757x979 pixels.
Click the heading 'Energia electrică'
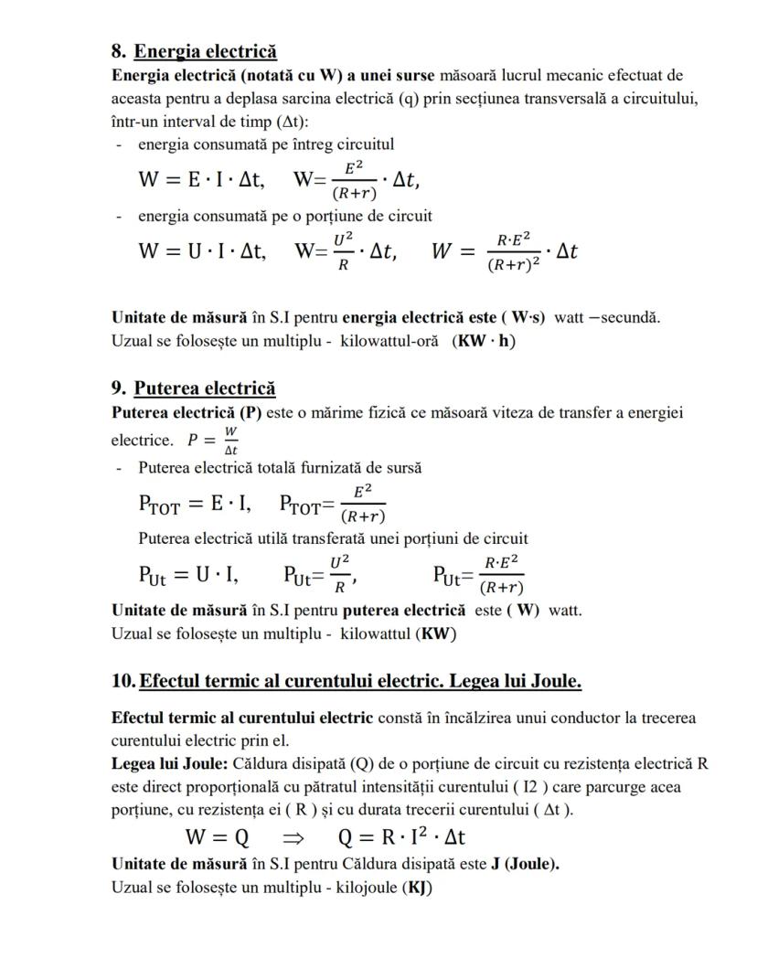point(206,51)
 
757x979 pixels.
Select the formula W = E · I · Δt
point(201,180)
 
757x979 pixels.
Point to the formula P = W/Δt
point(213,439)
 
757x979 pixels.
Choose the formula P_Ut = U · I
point(188,574)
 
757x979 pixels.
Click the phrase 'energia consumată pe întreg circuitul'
point(265,144)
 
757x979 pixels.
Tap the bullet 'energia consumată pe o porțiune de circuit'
point(284,216)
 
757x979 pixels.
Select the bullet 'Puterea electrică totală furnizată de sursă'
point(280,468)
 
